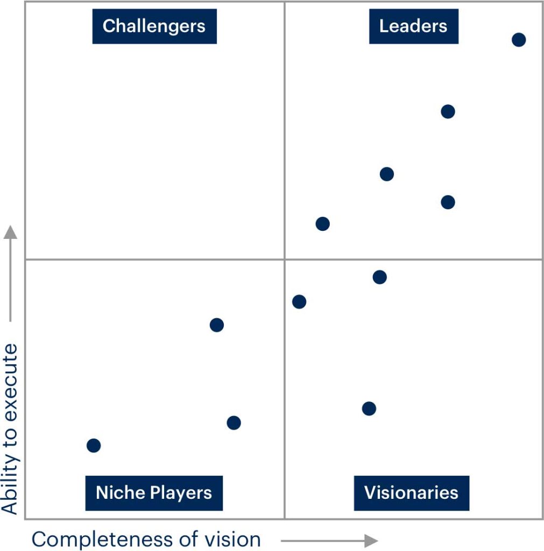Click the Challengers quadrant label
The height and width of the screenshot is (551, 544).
coord(154,26)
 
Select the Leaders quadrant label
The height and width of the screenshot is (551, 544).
coord(413,26)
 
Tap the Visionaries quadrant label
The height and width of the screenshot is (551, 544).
coord(411,493)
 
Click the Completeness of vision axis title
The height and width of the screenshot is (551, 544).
coord(146,539)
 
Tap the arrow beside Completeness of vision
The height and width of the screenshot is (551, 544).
coord(329,540)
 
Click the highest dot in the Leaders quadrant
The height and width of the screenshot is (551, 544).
coord(518,39)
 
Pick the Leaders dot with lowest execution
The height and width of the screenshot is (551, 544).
coord(322,224)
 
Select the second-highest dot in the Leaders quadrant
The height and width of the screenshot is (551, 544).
coord(448,111)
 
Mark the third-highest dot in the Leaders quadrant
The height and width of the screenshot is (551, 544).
coord(386,174)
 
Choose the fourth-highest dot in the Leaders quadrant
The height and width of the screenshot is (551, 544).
coord(448,202)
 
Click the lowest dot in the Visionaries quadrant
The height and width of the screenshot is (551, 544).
coord(369,408)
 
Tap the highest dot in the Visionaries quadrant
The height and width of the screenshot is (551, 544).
coord(379,277)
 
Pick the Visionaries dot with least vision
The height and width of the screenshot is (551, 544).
coord(299,301)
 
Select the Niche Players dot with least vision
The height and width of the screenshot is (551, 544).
coord(94,446)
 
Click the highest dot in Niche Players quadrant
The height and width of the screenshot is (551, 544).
coord(216,324)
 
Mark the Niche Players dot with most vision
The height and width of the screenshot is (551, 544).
coord(234,423)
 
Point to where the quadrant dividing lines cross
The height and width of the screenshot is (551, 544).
coord(285,259)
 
